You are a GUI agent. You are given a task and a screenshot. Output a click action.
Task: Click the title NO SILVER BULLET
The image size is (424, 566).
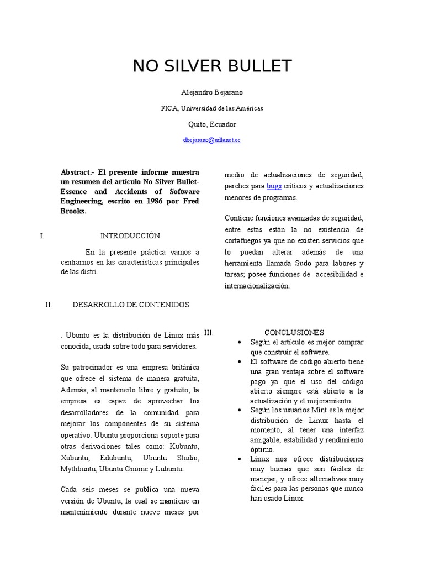[x=212, y=66]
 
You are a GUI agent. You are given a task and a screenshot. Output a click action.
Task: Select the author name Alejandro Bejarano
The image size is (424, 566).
[x=212, y=92]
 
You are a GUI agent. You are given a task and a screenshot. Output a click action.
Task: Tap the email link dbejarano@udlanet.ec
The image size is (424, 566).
[x=212, y=140]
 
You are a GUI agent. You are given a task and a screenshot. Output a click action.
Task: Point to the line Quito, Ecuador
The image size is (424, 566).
[x=212, y=124]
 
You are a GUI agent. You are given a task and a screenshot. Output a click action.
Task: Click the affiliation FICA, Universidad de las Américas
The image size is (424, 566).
[x=212, y=108]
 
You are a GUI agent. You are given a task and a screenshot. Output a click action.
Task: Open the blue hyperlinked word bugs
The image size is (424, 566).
[x=274, y=186]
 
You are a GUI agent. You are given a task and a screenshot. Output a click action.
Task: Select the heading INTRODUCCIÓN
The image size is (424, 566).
[x=130, y=235]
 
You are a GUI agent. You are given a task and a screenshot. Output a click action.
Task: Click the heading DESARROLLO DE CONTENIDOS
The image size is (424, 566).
[x=131, y=305]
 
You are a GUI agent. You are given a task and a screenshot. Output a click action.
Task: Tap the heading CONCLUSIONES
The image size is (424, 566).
[x=294, y=332]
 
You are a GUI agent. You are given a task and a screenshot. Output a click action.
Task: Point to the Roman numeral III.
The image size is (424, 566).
[x=208, y=332]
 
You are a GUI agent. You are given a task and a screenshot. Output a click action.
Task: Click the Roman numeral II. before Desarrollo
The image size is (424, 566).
[x=48, y=305]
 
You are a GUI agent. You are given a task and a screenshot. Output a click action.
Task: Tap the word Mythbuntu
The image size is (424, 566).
[x=78, y=469]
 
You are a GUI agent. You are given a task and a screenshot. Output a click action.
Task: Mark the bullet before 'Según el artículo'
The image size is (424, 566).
[x=239, y=343]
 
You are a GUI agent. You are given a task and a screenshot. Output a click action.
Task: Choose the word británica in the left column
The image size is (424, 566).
[x=183, y=367]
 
